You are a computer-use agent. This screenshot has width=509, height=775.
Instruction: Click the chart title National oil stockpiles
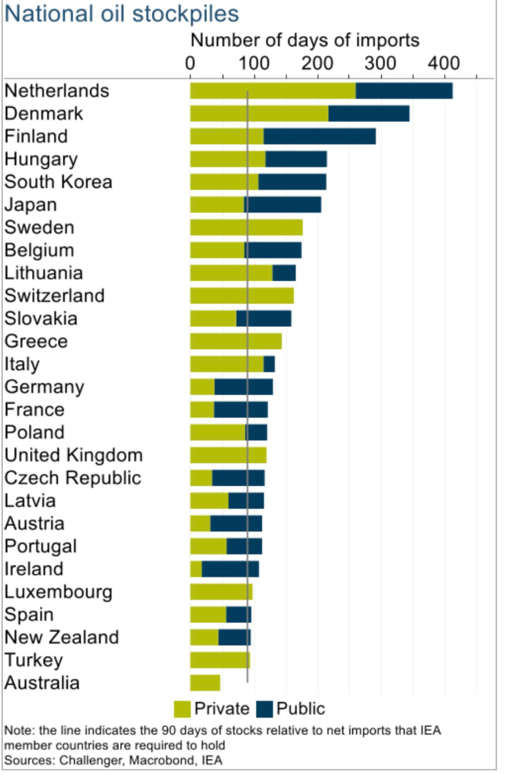[121, 14]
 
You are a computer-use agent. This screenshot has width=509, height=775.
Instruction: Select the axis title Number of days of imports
[305, 40]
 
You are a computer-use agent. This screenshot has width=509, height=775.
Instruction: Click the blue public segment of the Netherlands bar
[404, 91]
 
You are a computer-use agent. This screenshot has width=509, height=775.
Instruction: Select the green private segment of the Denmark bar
[259, 114]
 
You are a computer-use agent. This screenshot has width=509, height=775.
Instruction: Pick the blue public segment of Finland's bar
[320, 136]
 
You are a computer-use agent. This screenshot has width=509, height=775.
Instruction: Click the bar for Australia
[205, 683]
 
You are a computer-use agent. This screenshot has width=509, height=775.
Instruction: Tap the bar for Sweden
[246, 228]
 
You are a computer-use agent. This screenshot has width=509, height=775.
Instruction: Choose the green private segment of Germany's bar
[202, 387]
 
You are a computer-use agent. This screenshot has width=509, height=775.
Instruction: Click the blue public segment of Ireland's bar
[230, 569]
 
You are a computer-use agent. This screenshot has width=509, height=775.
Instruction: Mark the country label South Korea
[58, 182]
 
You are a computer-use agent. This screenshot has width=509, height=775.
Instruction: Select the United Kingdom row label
[73, 455]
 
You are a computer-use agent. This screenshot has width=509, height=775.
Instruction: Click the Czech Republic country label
[72, 478]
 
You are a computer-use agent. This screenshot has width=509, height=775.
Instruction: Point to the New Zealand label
[61, 637]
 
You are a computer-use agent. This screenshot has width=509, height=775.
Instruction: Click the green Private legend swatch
[182, 709]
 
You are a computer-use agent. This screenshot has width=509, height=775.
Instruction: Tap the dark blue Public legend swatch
[264, 709]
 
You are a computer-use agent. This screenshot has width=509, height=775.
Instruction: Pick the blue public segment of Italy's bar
[269, 364]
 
